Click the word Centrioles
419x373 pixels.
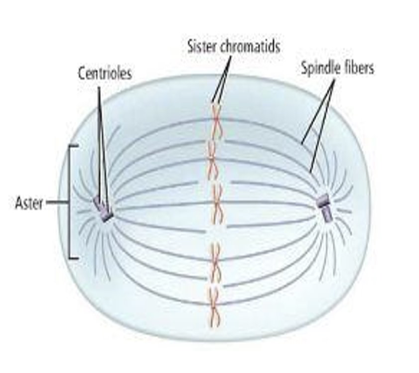pos(105,73)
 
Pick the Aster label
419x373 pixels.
pos(29,203)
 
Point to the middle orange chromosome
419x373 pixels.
pos(217,204)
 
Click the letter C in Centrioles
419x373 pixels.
pos(81,73)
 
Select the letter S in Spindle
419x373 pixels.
pos(304,68)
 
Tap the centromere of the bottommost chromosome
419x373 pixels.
pos(215,306)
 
